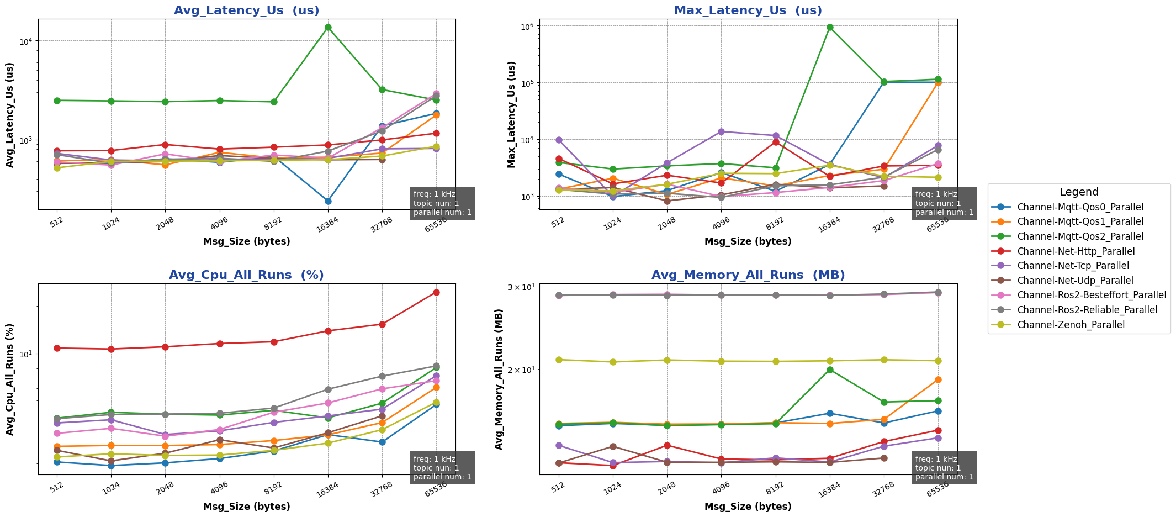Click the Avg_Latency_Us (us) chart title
[246, 10]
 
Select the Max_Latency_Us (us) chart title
[748, 10]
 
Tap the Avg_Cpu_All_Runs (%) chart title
[246, 275]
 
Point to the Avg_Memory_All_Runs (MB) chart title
[748, 275]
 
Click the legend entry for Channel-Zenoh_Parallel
[1071, 325]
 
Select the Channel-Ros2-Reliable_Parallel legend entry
[1087, 310]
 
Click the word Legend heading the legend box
[1079, 192]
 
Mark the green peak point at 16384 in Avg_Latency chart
[328, 27]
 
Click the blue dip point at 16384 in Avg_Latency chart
[328, 201]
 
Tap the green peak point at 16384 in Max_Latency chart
[830, 27]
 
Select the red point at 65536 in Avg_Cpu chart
[436, 292]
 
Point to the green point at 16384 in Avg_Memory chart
[830, 370]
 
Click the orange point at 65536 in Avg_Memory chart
[938, 379]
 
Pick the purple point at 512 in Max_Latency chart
[559, 140]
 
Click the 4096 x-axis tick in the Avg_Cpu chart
[220, 487]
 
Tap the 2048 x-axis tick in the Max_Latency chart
[667, 222]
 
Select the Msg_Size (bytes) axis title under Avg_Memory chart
[748, 507]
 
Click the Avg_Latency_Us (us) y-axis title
[10, 114]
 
